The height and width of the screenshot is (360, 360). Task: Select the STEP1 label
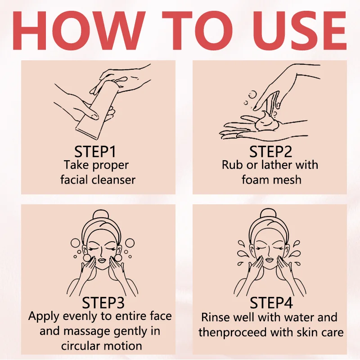pyautogui.click(x=95, y=152)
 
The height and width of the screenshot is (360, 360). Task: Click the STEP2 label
pyautogui.click(x=271, y=152)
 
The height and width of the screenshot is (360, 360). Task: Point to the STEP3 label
pyautogui.click(x=103, y=302)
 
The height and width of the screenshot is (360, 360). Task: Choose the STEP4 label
pyautogui.click(x=271, y=302)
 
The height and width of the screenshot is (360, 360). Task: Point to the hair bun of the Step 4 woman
pyautogui.click(x=268, y=215)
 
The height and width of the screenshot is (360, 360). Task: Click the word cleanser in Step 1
pyautogui.click(x=113, y=180)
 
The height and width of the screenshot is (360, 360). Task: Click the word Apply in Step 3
pyautogui.click(x=44, y=317)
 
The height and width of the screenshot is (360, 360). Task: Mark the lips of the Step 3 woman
pyautogui.click(x=101, y=261)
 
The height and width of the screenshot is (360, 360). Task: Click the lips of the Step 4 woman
pyautogui.click(x=269, y=260)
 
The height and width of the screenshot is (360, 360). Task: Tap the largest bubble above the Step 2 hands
pyautogui.click(x=252, y=94)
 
